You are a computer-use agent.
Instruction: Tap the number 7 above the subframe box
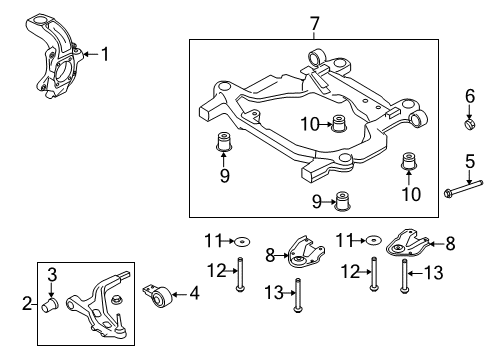[x=314, y=24]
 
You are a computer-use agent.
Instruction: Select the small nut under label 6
[x=469, y=124]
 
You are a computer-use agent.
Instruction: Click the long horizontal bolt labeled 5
[x=463, y=188]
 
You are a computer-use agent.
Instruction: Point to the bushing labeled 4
[x=159, y=296]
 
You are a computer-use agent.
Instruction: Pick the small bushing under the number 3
[x=50, y=305]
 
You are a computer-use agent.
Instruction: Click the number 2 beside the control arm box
[x=27, y=303]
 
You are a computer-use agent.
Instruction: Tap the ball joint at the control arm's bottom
[x=118, y=328]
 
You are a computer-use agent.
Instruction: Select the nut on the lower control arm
[x=116, y=299]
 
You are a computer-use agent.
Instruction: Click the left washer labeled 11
[x=242, y=241]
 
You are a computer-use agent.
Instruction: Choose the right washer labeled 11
[x=373, y=240]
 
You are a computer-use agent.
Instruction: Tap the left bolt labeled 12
[x=240, y=275]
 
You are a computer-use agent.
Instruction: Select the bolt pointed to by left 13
[x=298, y=296]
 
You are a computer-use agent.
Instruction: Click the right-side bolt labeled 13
[x=404, y=276]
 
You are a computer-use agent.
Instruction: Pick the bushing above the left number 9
[x=224, y=142]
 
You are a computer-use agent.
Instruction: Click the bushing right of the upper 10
[x=339, y=123]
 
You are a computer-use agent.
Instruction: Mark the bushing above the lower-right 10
[x=409, y=161]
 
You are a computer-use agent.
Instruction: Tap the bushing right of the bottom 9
[x=343, y=201]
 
